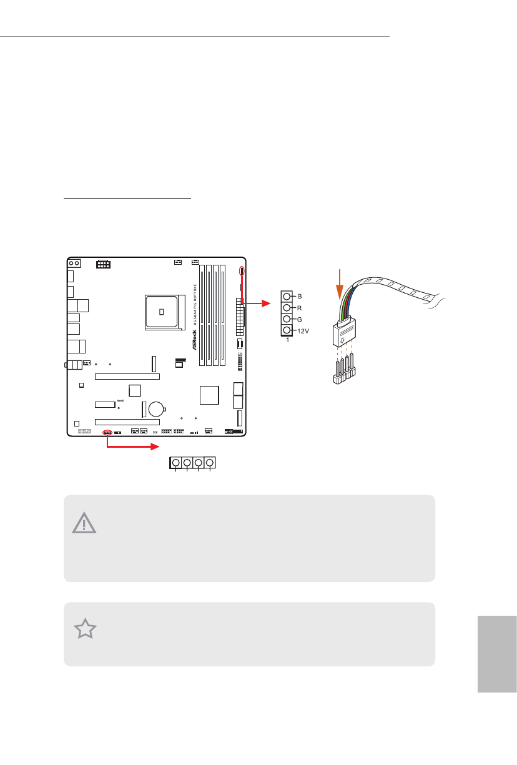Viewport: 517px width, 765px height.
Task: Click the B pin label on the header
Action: (x=300, y=296)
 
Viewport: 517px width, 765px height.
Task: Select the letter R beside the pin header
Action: (x=300, y=307)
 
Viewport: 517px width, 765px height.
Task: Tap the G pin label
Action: (x=300, y=318)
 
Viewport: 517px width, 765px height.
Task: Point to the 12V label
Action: (x=303, y=330)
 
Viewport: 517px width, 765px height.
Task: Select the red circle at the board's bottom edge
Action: (x=106, y=432)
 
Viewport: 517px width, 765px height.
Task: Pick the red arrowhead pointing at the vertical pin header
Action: (x=267, y=304)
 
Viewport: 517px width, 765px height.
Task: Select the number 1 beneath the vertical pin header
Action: (x=286, y=341)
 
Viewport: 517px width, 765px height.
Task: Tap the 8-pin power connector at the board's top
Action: (x=104, y=265)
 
